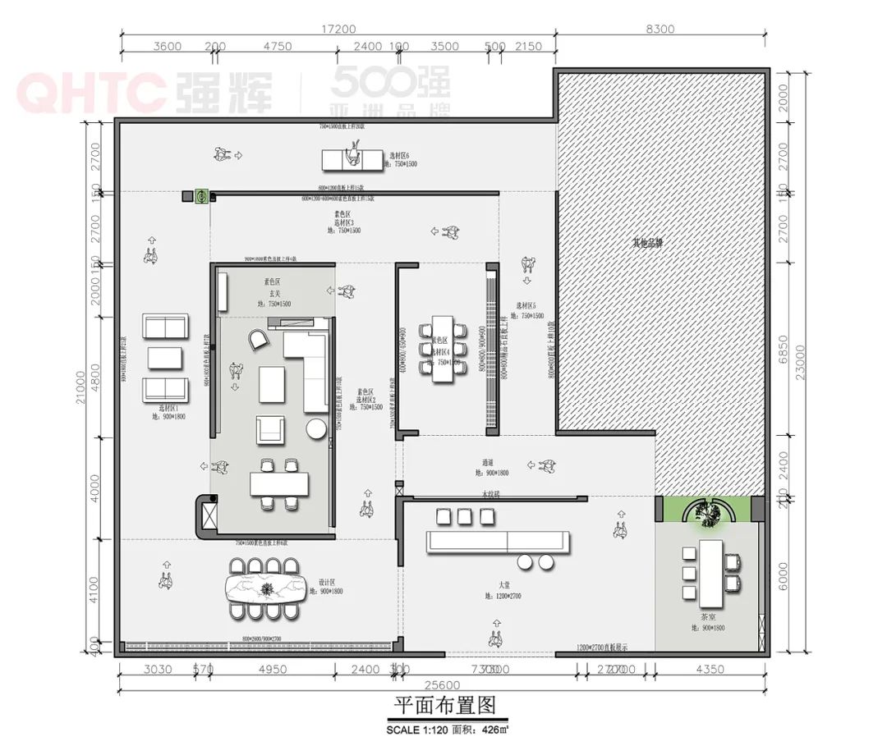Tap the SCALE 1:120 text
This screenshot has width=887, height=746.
coord(420,728)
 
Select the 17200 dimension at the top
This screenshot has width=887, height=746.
coord(338,29)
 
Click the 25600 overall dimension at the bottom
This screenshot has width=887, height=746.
coord(443,685)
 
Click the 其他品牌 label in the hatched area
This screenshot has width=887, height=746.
coord(647,243)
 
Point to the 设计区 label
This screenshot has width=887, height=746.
coord(329,582)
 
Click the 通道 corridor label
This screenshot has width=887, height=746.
coord(492,462)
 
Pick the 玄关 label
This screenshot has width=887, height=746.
coord(273,293)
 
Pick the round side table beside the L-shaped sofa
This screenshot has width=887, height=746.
coord(317,428)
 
